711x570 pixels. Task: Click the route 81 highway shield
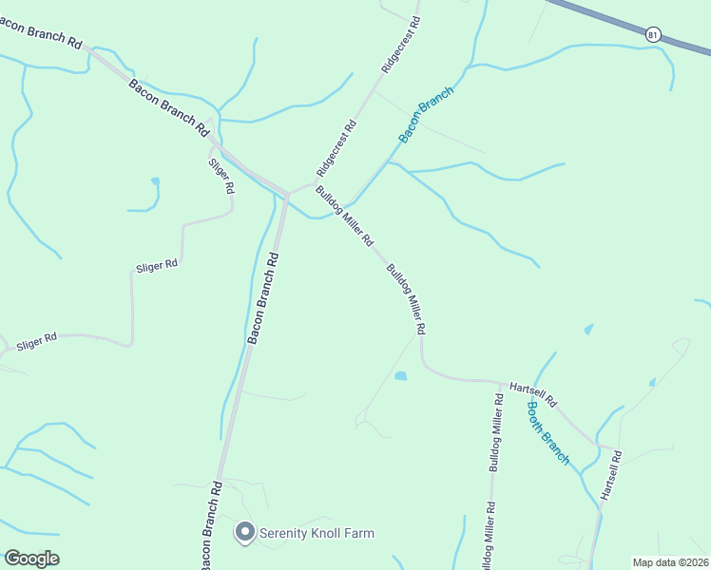652,34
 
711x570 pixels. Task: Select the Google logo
31,559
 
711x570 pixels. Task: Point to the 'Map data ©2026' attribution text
670,562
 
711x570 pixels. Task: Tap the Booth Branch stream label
548,432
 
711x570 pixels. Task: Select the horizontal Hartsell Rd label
532,389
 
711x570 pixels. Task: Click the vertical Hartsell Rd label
609,476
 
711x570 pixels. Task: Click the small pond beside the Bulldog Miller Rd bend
401,376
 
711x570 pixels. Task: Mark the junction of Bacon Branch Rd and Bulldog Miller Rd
286,194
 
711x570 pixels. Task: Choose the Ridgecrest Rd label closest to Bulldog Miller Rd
336,149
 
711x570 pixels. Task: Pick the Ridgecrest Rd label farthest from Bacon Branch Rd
400,45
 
